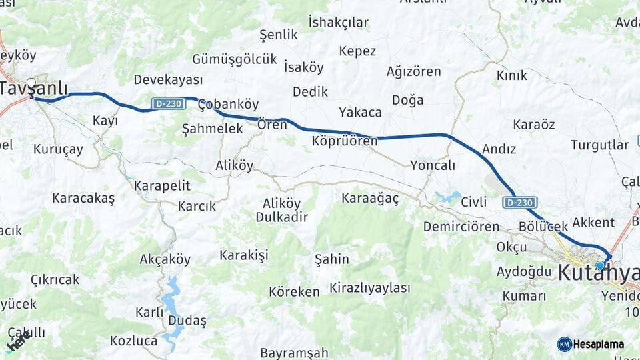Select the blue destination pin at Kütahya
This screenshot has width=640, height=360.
(x=600, y=265)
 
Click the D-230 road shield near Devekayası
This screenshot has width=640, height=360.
(x=167, y=103)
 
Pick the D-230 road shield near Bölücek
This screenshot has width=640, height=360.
(x=520, y=202)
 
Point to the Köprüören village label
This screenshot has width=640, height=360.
(x=344, y=141)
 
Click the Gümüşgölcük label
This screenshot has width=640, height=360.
(x=234, y=59)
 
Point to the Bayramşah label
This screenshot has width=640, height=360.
(x=294, y=353)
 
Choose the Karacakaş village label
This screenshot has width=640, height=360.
(x=83, y=198)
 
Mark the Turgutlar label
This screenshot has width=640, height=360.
(x=599, y=145)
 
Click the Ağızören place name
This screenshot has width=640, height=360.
(x=413, y=71)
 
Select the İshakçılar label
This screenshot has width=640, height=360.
(x=338, y=22)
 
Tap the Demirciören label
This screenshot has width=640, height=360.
(x=461, y=227)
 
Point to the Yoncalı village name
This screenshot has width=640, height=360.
(x=433, y=165)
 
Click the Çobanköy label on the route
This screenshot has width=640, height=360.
(x=228, y=105)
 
